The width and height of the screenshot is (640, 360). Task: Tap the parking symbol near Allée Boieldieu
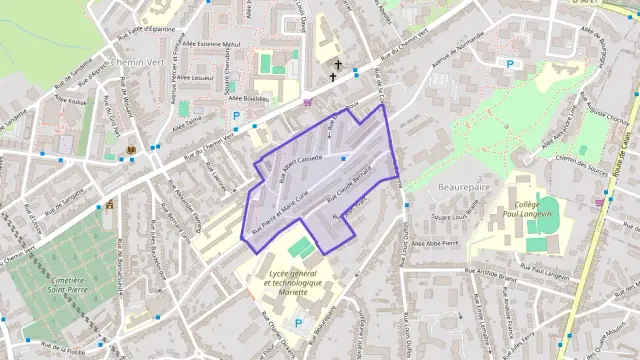237,116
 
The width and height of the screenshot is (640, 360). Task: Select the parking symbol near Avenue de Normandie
510,64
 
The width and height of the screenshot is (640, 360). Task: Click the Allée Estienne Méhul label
212,44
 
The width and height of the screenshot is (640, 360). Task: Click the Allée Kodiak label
75,101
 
